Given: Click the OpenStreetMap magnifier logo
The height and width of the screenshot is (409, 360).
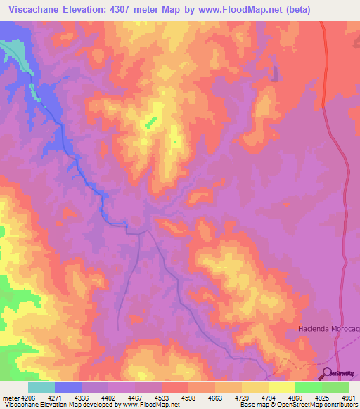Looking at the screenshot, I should coord(327,375).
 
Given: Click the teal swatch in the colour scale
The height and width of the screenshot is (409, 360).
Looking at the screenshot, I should coord(41,387).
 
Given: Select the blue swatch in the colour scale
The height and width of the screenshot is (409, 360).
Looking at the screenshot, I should coord(68,387).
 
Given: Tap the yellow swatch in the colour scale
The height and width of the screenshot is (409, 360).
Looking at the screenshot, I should coord(282,387).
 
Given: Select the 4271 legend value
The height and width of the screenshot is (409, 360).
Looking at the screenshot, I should coord(55,397).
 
